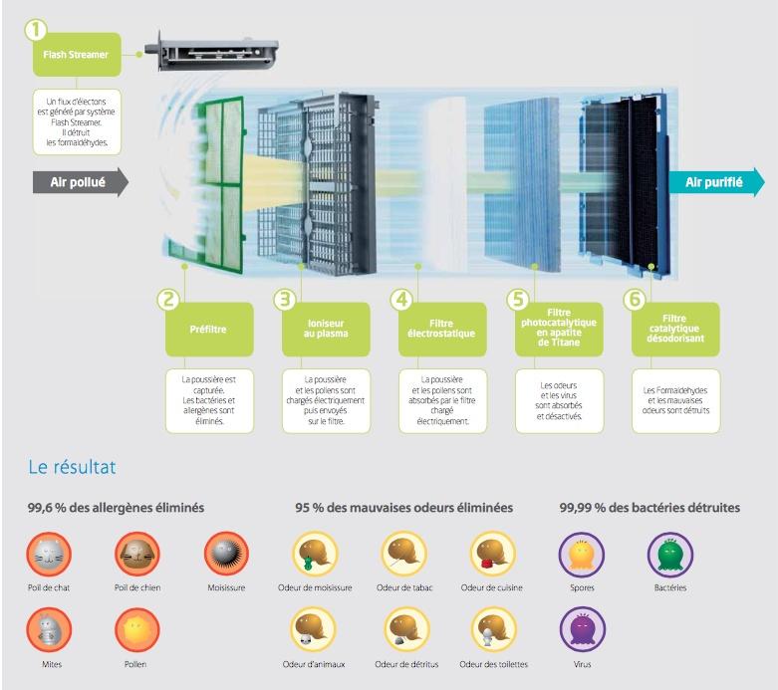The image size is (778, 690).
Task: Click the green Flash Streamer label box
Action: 77,55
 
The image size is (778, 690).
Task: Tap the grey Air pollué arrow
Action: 81,182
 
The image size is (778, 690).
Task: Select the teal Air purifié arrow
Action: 716,182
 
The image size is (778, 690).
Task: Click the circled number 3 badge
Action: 285,299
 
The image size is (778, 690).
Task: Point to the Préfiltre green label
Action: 209,330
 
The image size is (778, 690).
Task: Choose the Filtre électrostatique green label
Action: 442,330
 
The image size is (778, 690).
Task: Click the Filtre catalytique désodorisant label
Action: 675,330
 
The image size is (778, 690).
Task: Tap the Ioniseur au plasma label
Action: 326,330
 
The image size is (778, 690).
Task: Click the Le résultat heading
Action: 72,467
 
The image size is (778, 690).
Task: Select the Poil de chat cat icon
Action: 49,554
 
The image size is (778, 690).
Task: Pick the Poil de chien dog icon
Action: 137,554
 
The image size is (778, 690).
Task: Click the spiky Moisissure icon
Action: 226,554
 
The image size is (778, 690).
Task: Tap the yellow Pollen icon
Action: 137,630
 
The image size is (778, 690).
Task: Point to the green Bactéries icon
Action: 670,554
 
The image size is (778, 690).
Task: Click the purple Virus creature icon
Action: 583,630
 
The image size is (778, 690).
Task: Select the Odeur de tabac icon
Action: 403,554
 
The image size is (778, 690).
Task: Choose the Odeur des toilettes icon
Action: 493,630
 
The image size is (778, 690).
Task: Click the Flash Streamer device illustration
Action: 212,52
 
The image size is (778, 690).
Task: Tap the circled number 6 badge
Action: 635,299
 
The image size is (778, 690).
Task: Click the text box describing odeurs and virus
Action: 559,401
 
